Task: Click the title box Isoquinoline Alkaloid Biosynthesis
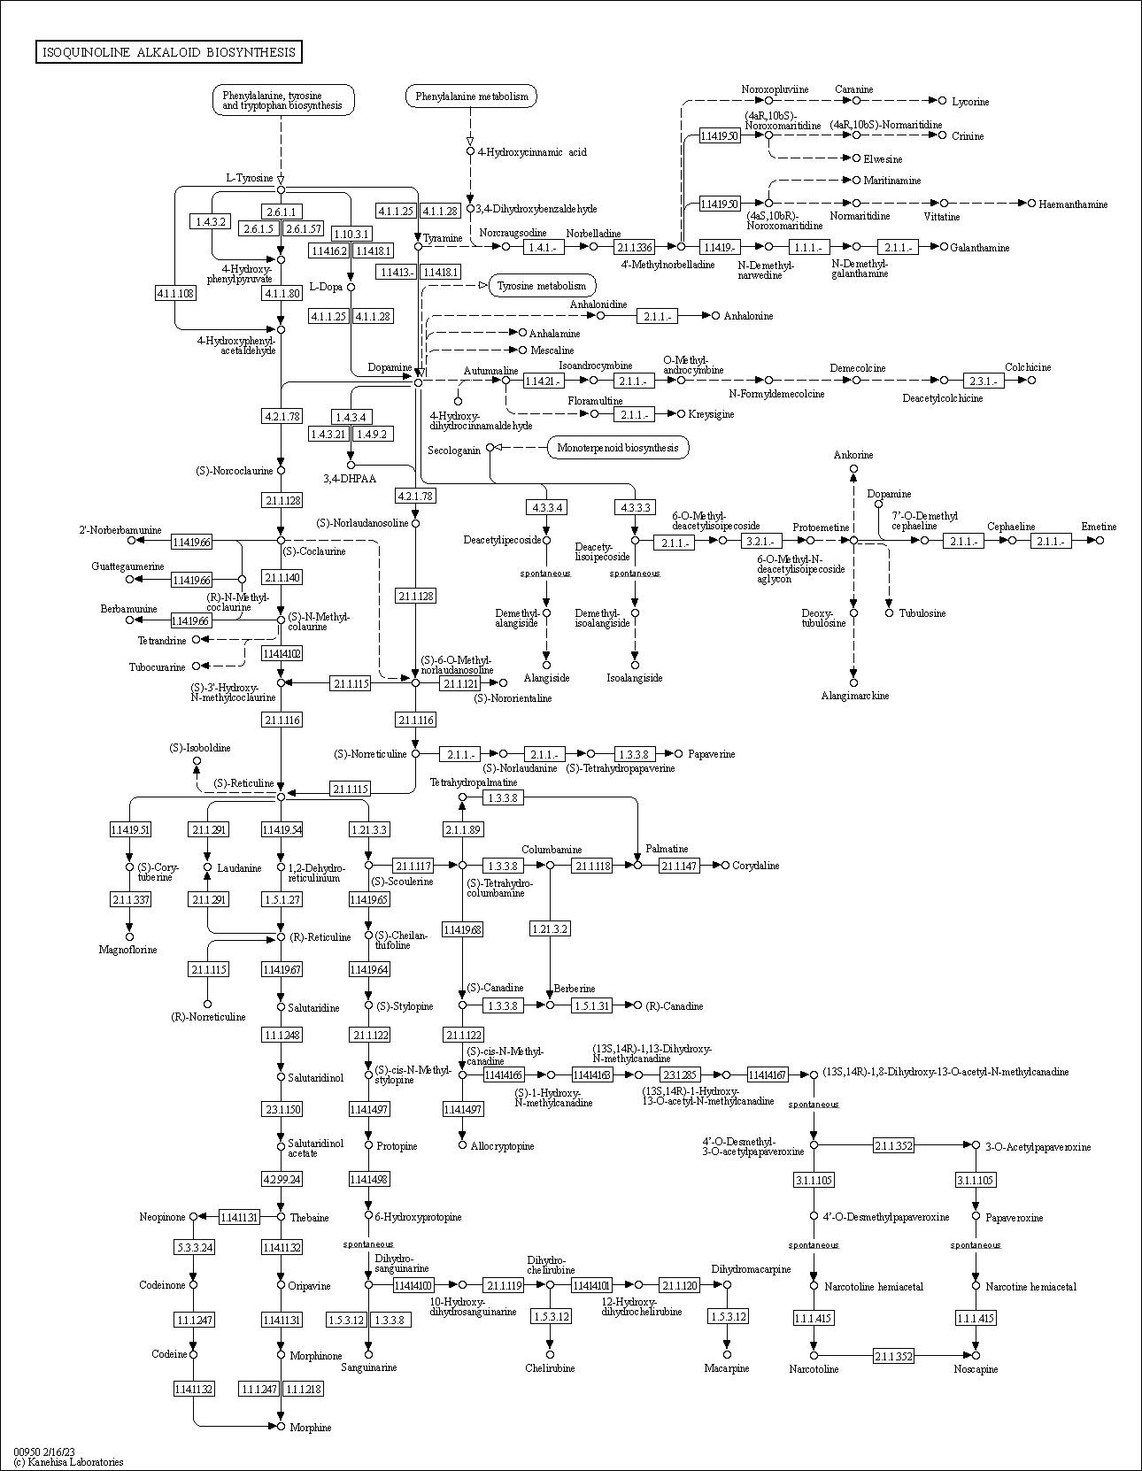168,52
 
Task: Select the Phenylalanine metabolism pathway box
471,96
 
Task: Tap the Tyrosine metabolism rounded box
541,286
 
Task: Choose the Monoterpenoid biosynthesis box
618,448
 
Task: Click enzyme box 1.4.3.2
211,221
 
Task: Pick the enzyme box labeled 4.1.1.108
175,293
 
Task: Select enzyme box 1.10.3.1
351,234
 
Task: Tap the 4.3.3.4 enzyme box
546,507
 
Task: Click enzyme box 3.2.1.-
762,541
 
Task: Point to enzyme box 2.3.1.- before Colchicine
984,381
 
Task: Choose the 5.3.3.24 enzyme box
193,1247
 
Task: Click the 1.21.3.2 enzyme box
550,928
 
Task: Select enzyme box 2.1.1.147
679,866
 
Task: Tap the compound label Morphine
310,1428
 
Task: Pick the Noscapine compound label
976,1369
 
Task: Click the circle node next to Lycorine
942,101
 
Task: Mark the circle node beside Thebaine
282,1217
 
